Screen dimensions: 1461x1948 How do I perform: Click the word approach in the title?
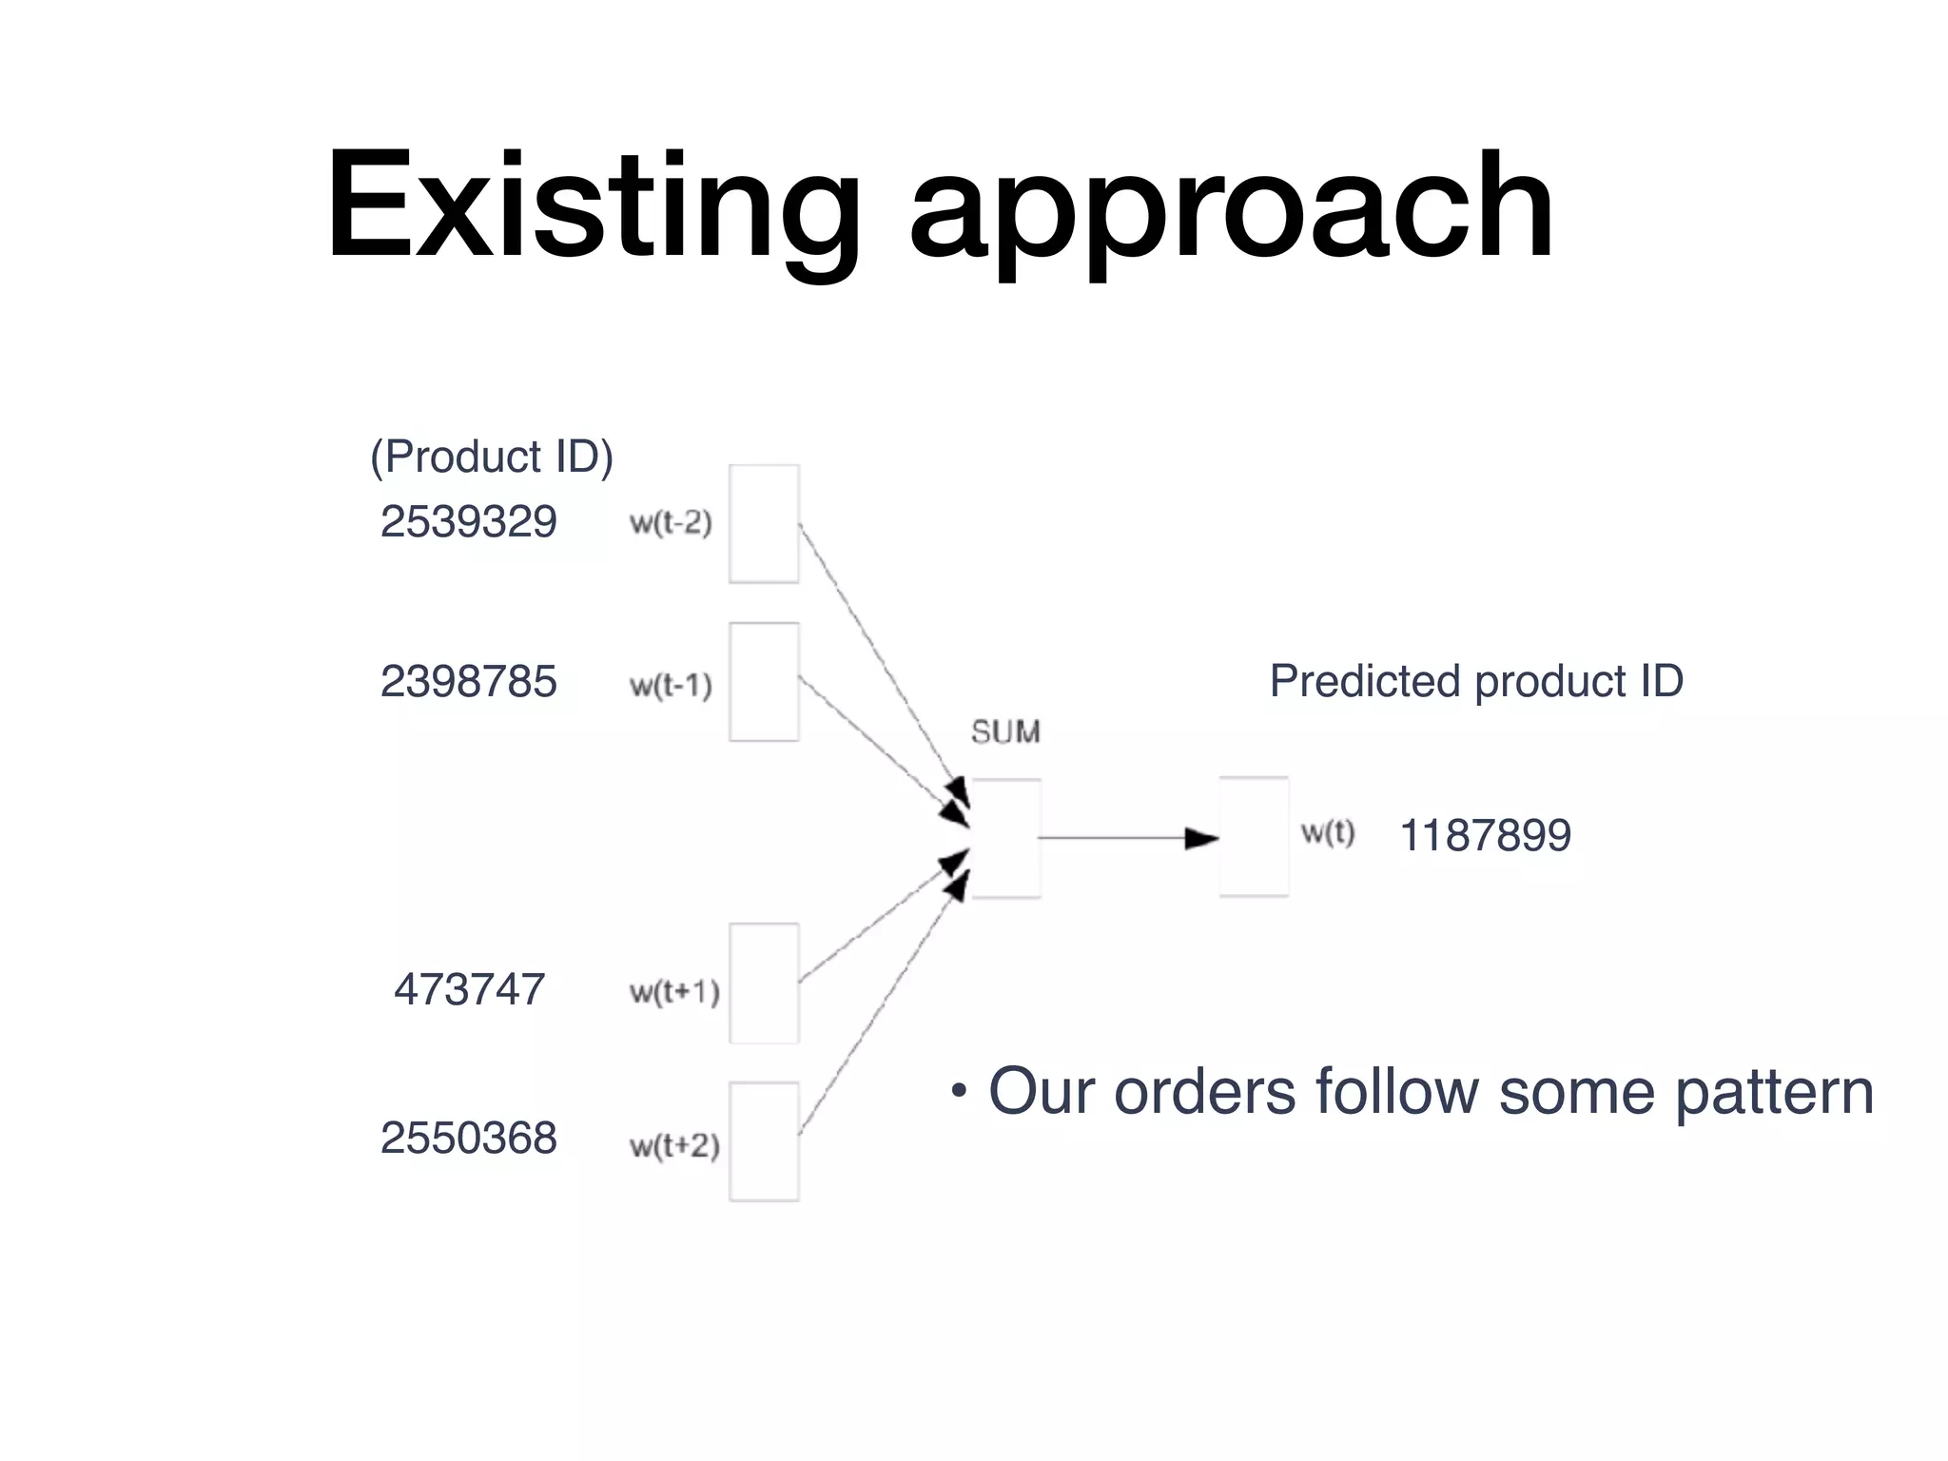tap(1232, 211)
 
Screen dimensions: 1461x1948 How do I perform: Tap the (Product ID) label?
tap(492, 457)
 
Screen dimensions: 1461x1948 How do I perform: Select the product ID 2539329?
tap(468, 521)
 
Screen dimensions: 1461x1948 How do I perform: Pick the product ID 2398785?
tap(468, 681)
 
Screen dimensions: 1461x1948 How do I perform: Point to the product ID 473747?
tap(469, 989)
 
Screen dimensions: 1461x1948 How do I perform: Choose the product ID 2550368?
tap(468, 1138)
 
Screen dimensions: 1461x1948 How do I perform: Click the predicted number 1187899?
tap(1485, 835)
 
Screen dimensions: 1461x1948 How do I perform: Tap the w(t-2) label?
tap(671, 522)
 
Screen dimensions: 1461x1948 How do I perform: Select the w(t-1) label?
tap(671, 684)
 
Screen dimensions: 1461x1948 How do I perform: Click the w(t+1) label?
tap(673, 992)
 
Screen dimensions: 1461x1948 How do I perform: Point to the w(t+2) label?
tap(673, 1145)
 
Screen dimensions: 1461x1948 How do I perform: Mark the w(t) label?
tap(1328, 832)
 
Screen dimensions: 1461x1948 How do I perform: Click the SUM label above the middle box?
tap(1005, 731)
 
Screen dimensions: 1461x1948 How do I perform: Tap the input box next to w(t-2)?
tap(764, 523)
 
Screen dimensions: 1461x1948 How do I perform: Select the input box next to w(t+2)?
tap(764, 1141)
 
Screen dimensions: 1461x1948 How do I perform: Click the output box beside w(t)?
tap(1254, 836)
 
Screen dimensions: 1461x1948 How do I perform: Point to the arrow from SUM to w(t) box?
tap(1127, 838)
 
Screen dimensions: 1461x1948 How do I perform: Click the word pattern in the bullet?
tap(1774, 1092)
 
